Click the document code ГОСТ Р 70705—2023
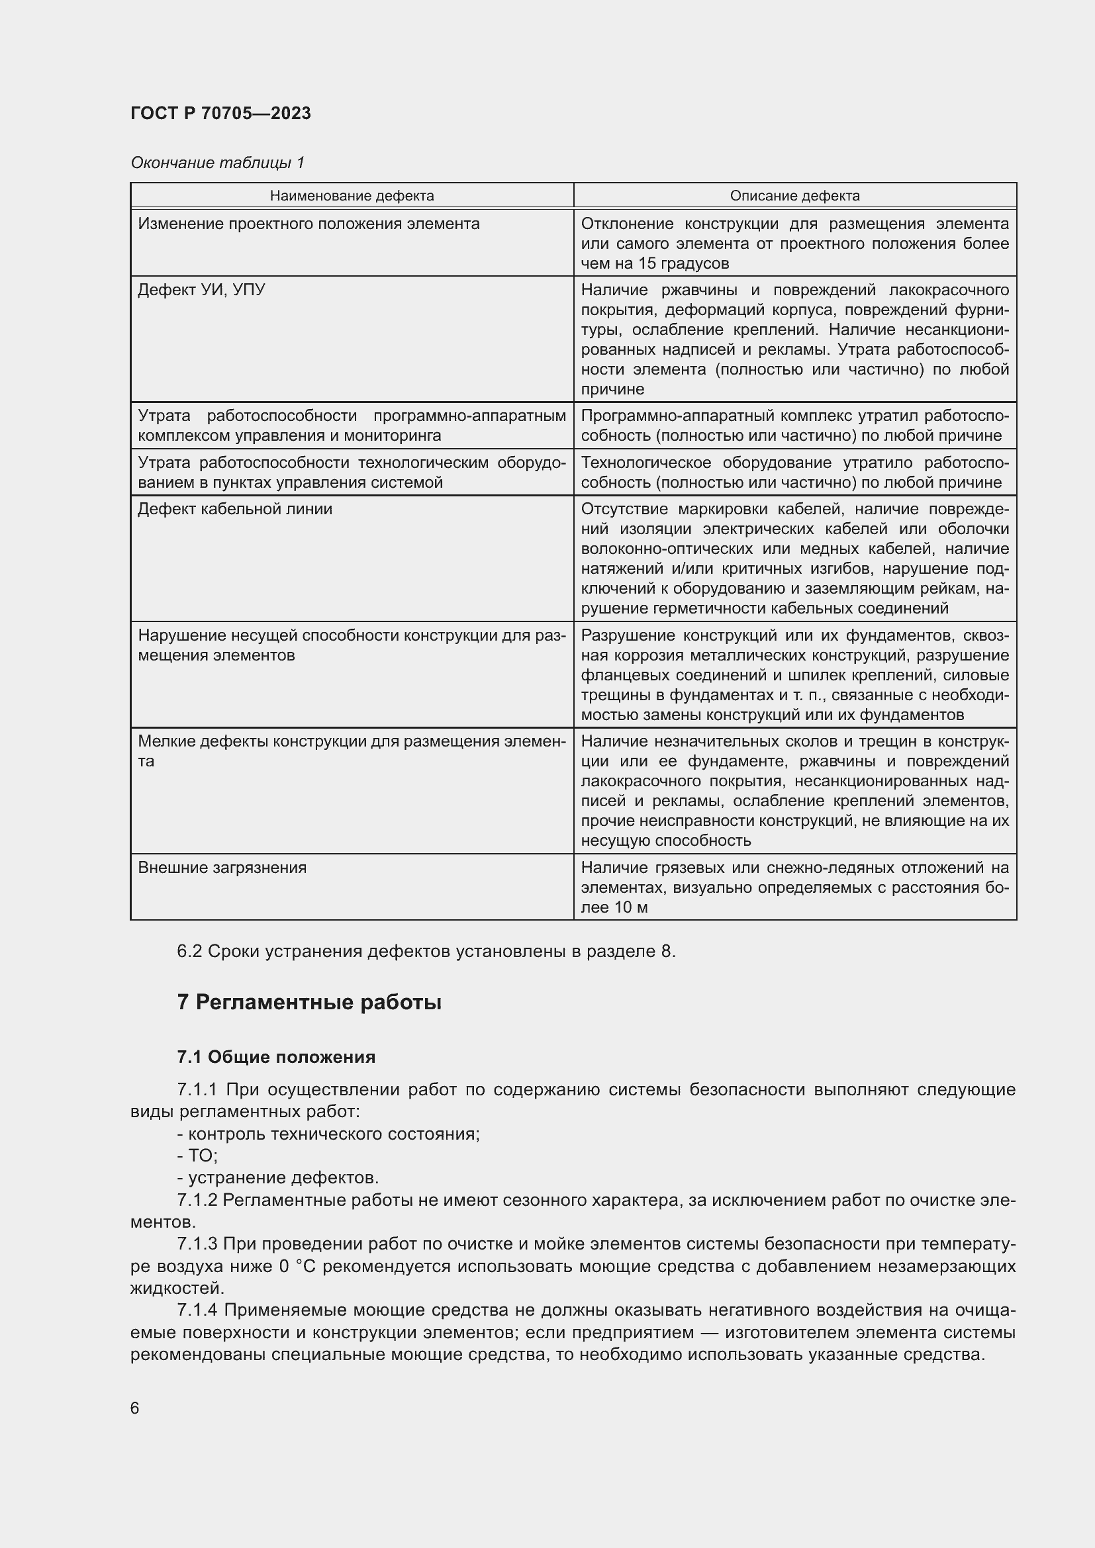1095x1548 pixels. (220, 113)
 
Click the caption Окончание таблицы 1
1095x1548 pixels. (217, 163)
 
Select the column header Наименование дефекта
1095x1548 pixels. (352, 195)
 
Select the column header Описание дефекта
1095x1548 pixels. (794, 195)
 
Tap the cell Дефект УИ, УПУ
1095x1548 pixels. (201, 290)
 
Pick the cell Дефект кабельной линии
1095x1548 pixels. (234, 509)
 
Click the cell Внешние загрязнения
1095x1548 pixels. (222, 868)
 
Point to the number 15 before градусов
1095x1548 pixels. (647, 263)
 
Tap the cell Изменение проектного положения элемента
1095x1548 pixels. (308, 224)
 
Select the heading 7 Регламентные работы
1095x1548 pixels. (309, 1003)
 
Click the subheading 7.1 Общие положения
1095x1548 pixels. (276, 1056)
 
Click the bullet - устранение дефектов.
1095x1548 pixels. (278, 1177)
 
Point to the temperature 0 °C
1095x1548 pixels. (297, 1266)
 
